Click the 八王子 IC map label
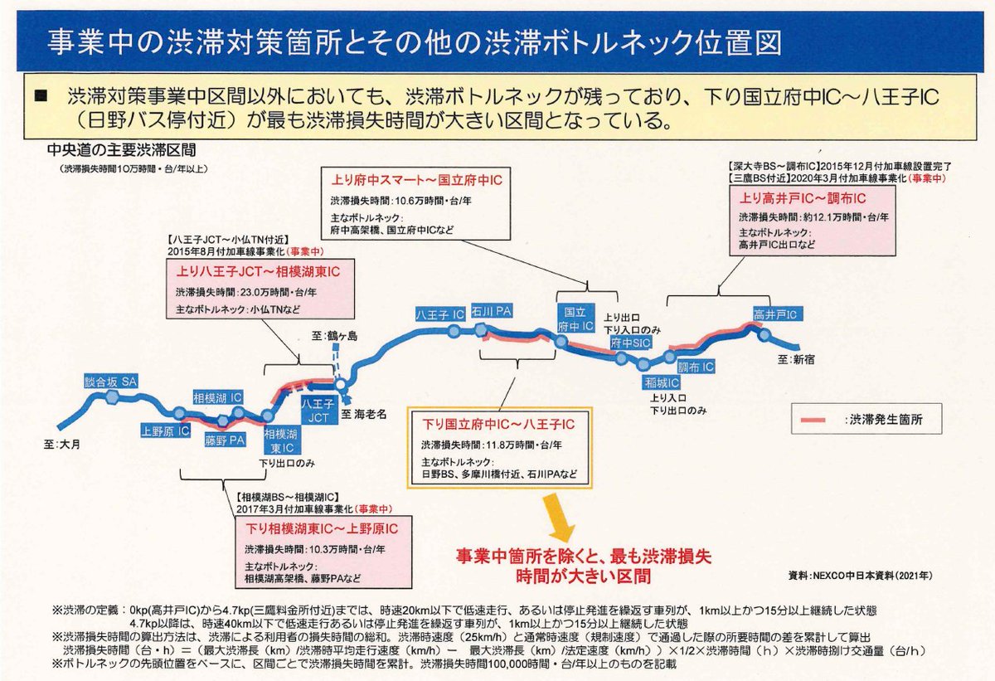point(439,314)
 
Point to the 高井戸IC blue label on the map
point(774,314)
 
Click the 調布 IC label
point(696,367)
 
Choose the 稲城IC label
point(662,382)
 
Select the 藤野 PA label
point(226,440)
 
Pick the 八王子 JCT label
point(318,411)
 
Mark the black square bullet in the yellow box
point(41,97)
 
